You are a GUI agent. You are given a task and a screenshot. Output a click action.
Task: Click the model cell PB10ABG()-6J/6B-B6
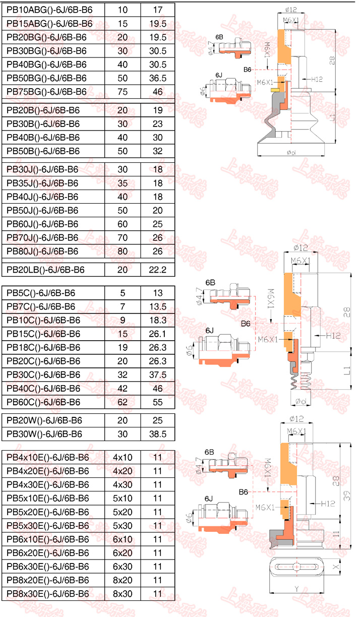click(49, 10)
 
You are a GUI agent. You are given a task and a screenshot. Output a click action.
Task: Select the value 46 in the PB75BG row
click(157, 92)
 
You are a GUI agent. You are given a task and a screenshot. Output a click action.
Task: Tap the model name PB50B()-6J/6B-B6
click(43, 151)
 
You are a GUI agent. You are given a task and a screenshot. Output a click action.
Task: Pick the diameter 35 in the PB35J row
click(123, 183)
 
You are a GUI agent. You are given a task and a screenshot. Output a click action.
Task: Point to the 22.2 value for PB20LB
click(157, 270)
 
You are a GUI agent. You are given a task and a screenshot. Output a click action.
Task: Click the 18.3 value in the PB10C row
click(157, 320)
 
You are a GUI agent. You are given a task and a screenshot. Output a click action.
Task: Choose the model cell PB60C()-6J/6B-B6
click(43, 402)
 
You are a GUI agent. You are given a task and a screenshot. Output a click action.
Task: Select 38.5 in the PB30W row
click(157, 435)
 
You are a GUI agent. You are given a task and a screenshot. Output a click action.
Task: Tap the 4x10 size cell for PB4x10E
click(123, 458)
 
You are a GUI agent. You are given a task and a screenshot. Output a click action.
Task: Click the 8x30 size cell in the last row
click(123, 594)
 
